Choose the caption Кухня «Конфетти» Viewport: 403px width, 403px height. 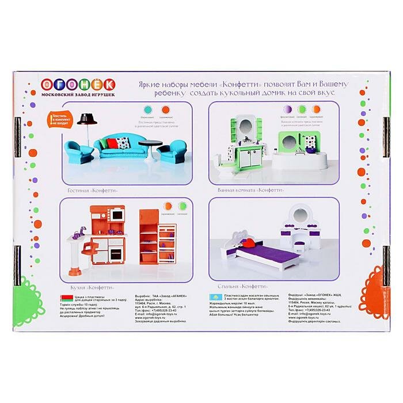click(88, 286)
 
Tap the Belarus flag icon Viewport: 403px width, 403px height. click(67, 296)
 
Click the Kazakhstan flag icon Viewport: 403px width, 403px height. click(214, 296)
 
